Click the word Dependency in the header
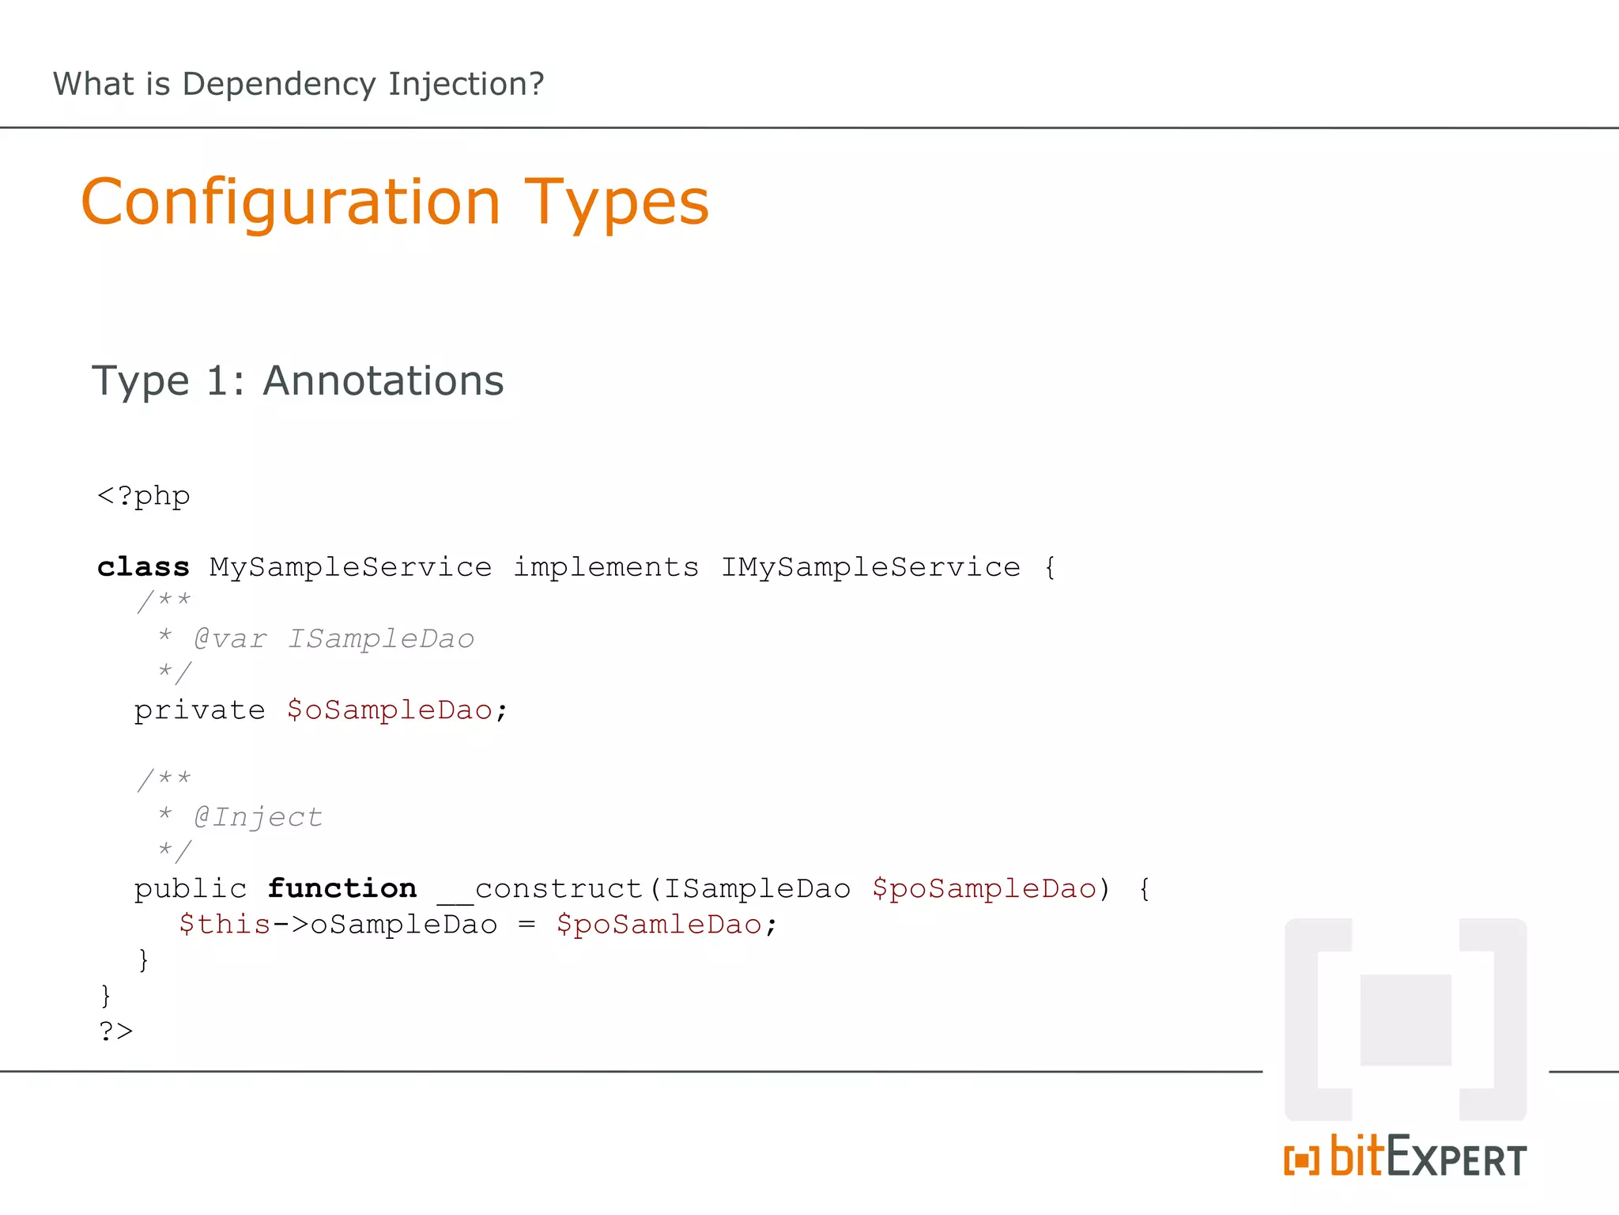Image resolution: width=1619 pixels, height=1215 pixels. click(x=278, y=85)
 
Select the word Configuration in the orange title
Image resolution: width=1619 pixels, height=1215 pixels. click(x=291, y=202)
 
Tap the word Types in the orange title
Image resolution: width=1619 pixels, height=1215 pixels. click(x=617, y=202)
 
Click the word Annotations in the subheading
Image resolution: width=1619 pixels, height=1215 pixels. click(x=383, y=380)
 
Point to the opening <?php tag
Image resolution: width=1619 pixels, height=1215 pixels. click(x=143, y=496)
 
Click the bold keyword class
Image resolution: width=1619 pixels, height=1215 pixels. click(x=143, y=567)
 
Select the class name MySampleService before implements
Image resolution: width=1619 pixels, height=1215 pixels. click(x=350, y=567)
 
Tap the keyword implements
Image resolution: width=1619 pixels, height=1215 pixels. click(x=606, y=567)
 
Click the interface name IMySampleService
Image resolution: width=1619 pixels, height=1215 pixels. click(x=870, y=567)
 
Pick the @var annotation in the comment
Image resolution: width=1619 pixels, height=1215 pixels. click(x=230, y=638)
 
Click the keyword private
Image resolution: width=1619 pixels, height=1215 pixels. click(x=199, y=710)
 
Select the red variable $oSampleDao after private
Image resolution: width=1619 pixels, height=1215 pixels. click(x=390, y=710)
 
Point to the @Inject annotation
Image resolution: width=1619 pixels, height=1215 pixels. click(x=259, y=816)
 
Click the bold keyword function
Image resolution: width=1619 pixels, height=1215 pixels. click(x=342, y=888)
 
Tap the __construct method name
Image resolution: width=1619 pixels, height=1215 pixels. click(x=541, y=888)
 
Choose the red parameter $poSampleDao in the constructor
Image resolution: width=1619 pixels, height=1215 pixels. click(x=984, y=888)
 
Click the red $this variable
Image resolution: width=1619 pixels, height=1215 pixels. click(x=225, y=924)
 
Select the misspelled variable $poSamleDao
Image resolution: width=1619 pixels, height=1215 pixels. click(x=659, y=924)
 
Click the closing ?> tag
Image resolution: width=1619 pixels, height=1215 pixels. click(x=116, y=1031)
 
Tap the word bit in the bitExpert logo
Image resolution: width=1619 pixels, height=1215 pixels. click(x=1357, y=1156)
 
